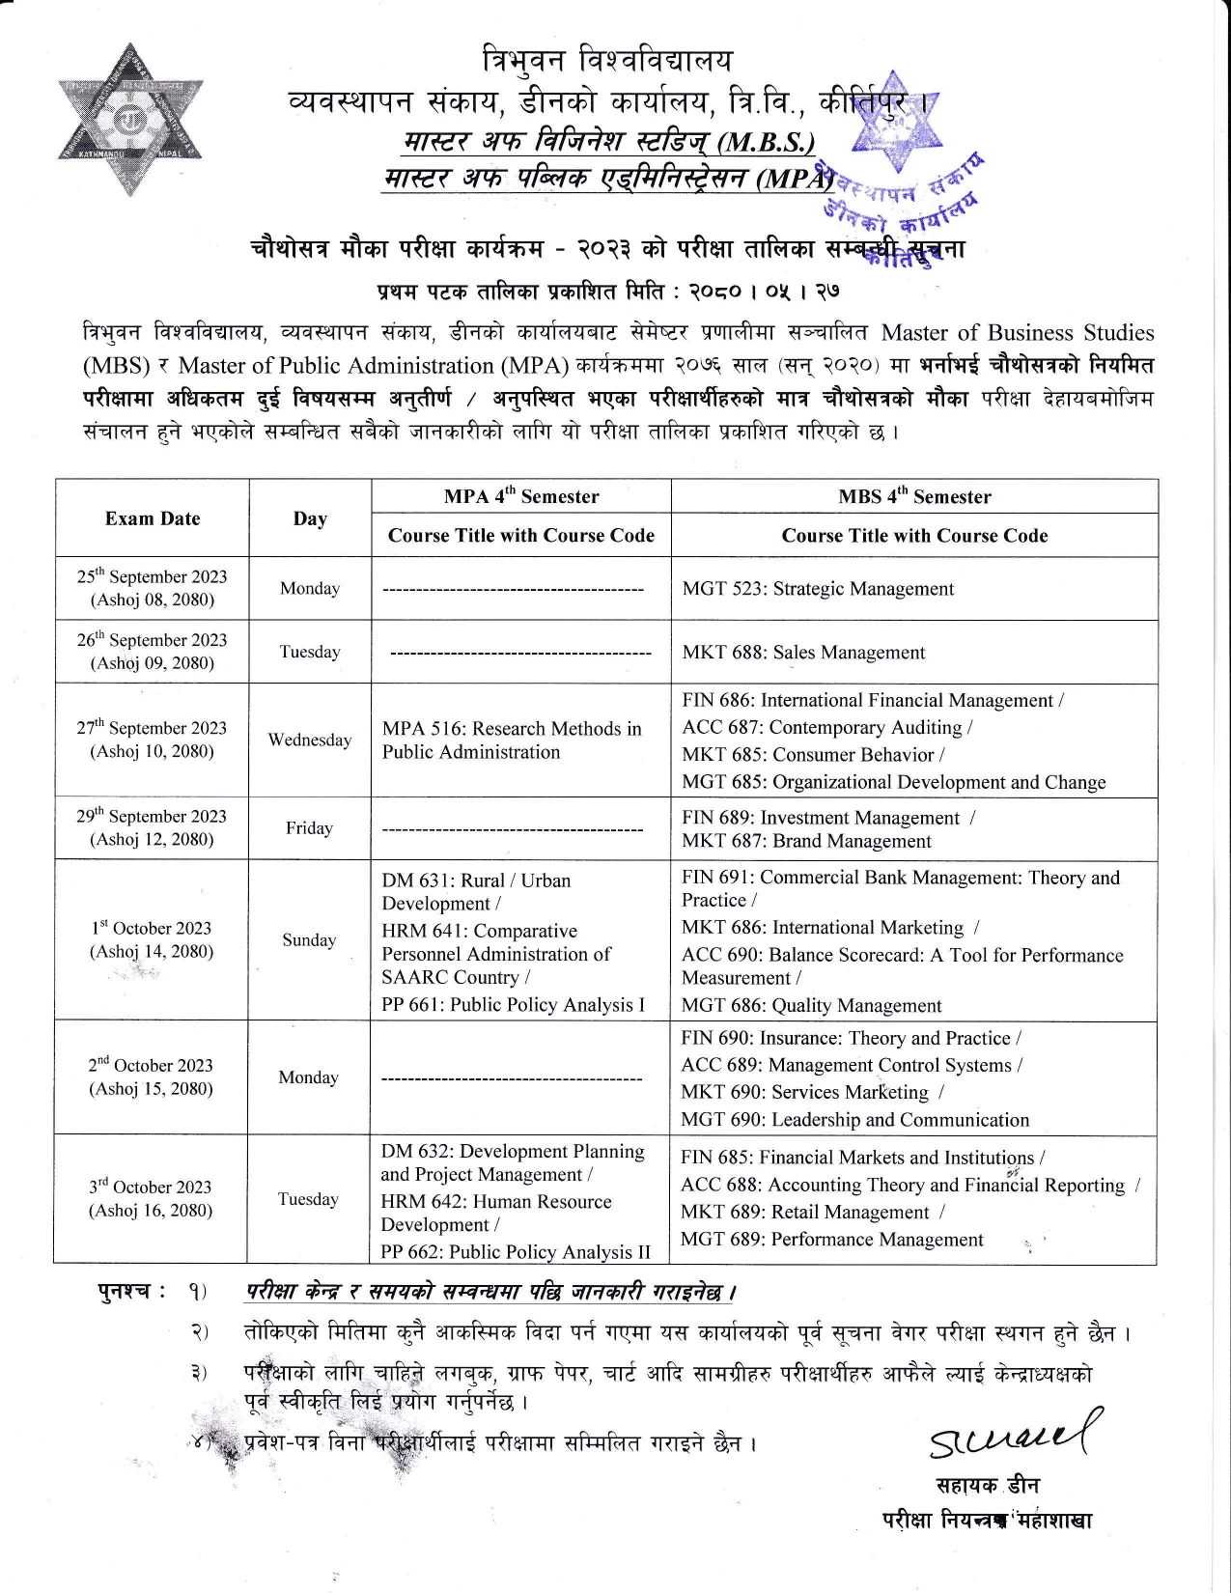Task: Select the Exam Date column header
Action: coord(153,518)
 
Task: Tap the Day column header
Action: coord(310,518)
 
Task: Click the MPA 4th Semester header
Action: coord(521,496)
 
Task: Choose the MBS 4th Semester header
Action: coord(914,496)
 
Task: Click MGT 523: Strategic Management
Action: coord(818,589)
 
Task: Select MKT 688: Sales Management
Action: coord(803,653)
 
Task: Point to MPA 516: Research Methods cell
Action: coord(512,741)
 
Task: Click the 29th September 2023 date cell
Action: coord(152,827)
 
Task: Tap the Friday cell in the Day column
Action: coord(309,828)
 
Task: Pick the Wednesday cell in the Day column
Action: coord(310,741)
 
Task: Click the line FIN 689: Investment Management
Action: coord(821,818)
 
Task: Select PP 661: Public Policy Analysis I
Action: coord(513,1005)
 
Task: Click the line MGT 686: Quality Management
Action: coord(811,1006)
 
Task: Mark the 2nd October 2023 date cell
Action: coord(151,1076)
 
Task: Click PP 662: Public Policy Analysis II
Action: coord(516,1252)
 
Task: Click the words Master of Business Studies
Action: coord(1018,333)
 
